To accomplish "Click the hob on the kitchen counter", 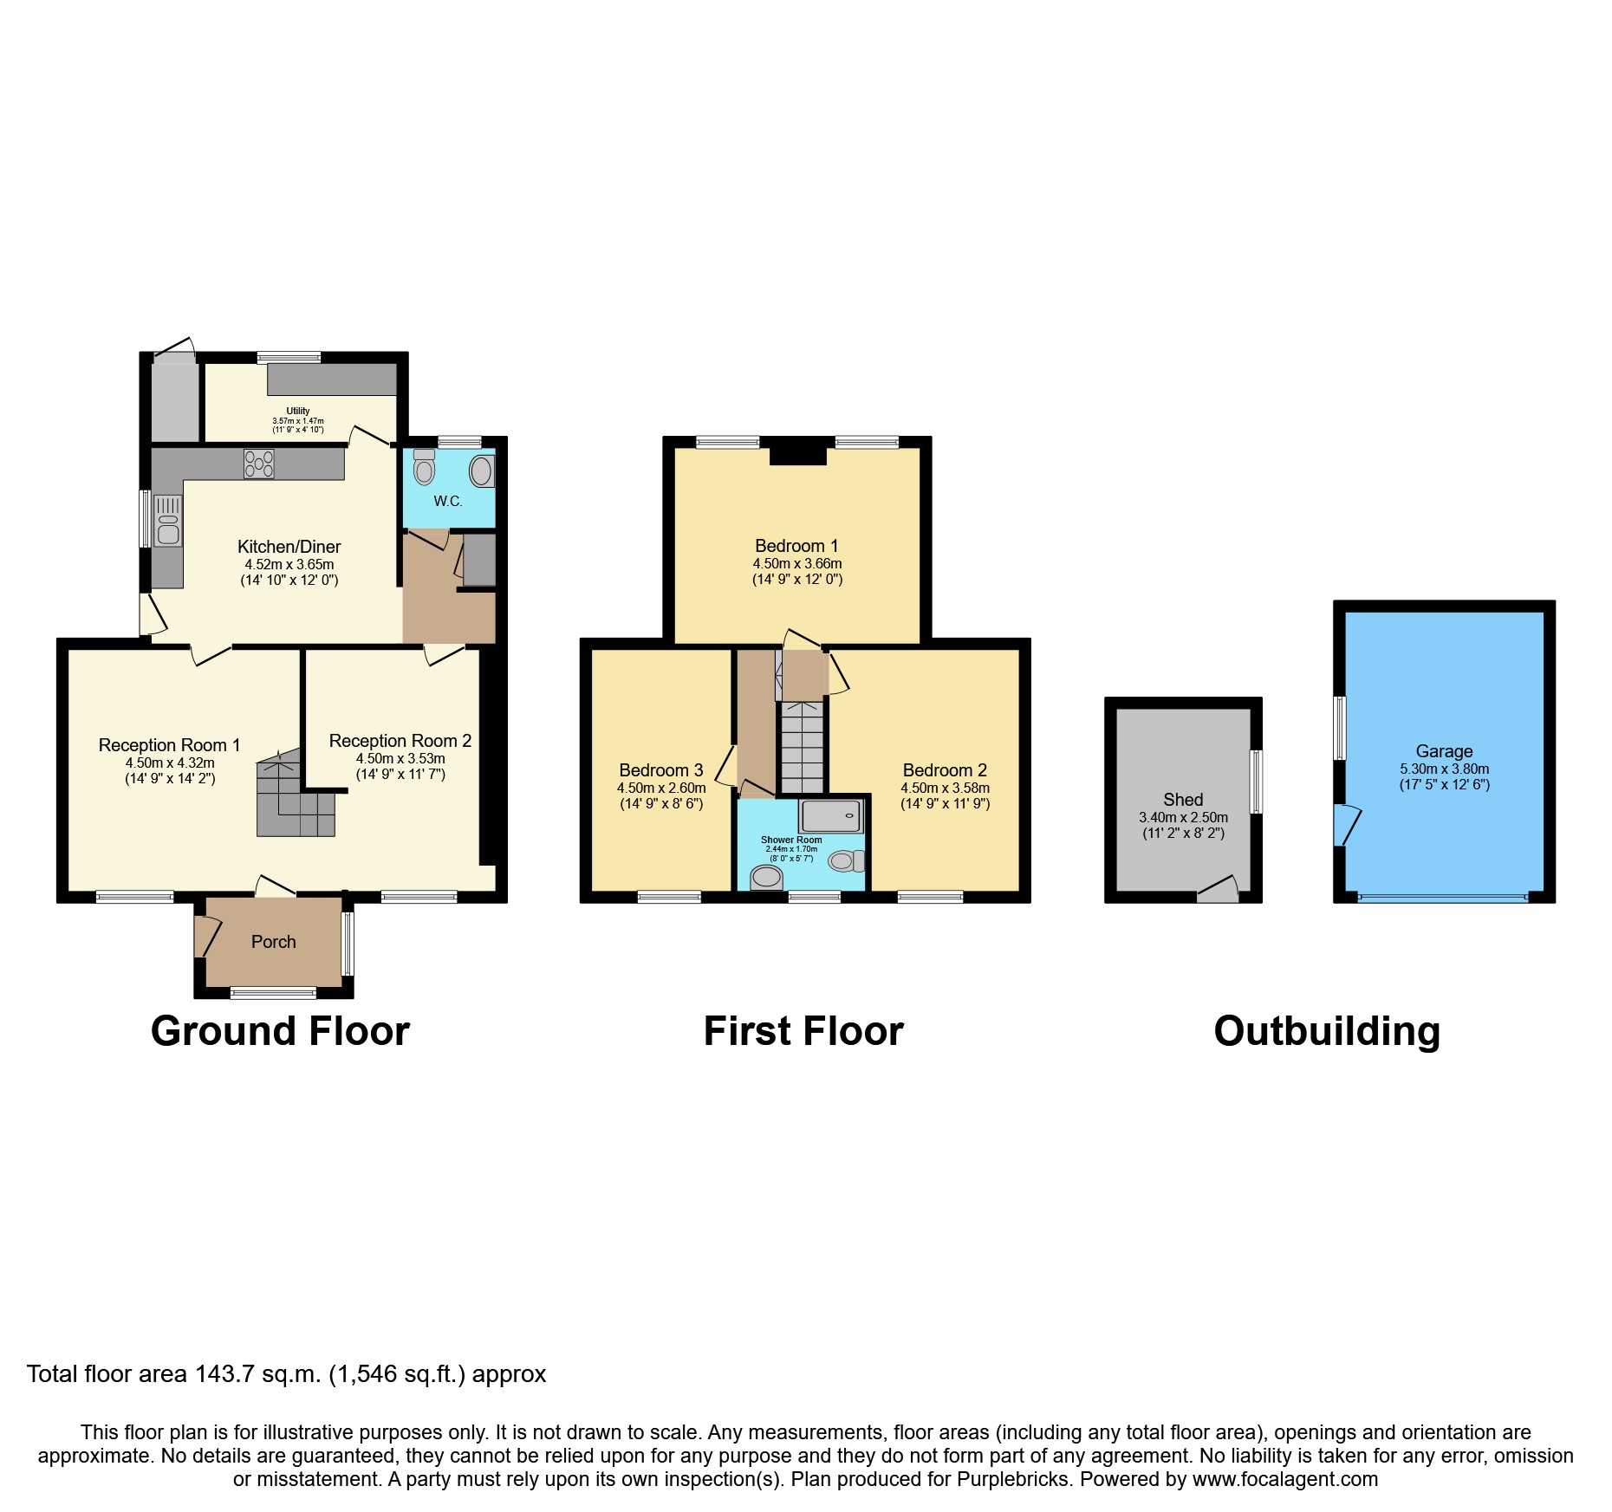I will point(259,464).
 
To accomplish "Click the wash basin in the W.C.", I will point(482,472).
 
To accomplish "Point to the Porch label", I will point(273,942).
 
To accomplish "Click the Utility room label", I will point(298,411).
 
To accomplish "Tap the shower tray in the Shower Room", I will point(831,815).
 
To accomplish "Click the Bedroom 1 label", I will point(796,546).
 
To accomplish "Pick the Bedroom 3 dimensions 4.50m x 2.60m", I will point(661,788).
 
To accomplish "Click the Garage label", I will point(1444,751).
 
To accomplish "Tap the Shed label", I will point(1183,800).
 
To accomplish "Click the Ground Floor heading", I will point(280,1031).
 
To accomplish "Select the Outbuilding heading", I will point(1327,1031).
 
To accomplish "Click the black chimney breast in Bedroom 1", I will point(798,452).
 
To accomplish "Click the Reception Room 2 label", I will point(400,741).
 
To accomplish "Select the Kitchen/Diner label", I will point(289,547).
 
